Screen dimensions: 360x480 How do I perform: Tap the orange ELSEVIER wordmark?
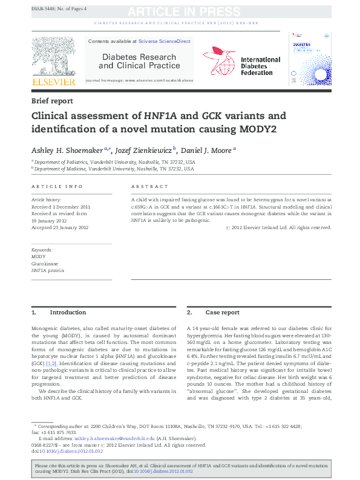click(53, 81)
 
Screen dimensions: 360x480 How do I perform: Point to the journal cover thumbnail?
click(310, 58)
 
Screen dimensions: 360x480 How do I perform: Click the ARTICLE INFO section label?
click(56, 187)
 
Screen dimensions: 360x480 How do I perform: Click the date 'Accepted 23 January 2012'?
click(60, 227)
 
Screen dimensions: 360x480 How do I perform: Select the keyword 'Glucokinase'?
click(45, 264)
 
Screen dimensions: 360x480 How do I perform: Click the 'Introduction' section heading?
click(68, 313)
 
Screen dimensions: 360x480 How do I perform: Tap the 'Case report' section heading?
click(222, 313)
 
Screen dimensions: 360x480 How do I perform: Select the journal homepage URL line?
click(139, 80)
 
